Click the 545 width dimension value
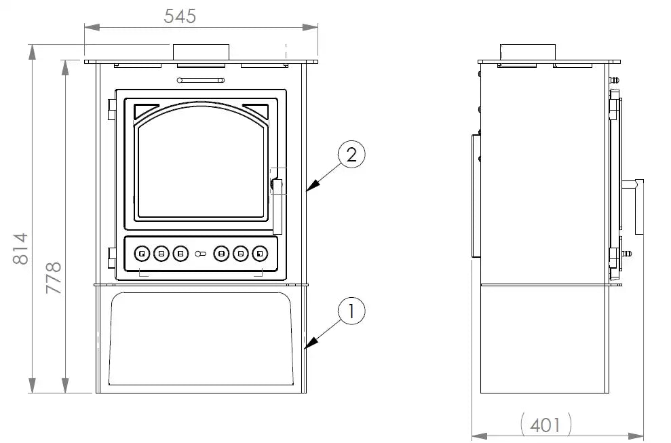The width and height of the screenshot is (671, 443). [x=180, y=16]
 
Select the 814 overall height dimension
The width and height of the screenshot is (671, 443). [x=20, y=249]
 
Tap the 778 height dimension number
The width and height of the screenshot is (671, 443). [x=54, y=277]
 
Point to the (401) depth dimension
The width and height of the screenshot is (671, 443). [x=545, y=425]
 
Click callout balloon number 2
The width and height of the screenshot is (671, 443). [x=351, y=155]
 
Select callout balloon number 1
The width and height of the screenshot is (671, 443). [x=351, y=312]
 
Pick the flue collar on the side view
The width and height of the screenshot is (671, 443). [x=528, y=52]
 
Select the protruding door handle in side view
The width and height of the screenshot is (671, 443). [x=638, y=207]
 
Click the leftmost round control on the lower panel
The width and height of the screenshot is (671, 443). [x=142, y=254]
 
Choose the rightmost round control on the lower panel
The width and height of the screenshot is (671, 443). [x=260, y=254]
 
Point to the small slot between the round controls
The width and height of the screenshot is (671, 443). [x=201, y=254]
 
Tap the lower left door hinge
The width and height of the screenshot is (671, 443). [x=113, y=257]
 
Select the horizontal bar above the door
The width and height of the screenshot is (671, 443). [x=201, y=81]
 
